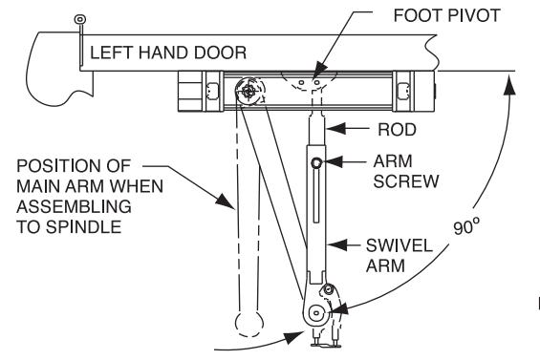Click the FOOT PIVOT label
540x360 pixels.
pyautogui.click(x=446, y=15)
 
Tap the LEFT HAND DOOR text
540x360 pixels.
pyautogui.click(x=168, y=53)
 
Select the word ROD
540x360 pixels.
pyautogui.click(x=397, y=130)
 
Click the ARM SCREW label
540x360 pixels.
pyautogui.click(x=405, y=171)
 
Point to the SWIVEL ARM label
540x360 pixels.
pyautogui.click(x=400, y=256)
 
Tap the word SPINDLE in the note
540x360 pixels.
pyautogui.click(x=84, y=227)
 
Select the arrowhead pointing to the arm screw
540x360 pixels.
pyautogui.click(x=333, y=161)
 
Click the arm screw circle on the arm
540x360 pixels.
pyautogui.click(x=316, y=162)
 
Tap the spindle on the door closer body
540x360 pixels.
pyautogui.click(x=249, y=91)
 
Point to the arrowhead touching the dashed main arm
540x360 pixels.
pyautogui.click(x=226, y=201)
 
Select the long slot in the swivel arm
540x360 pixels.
pyautogui.click(x=316, y=196)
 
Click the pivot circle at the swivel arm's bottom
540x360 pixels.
pyautogui.click(x=315, y=313)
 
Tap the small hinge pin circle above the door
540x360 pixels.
pyautogui.click(x=80, y=19)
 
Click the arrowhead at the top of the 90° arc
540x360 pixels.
pyautogui.click(x=509, y=85)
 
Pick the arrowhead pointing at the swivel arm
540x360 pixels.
pyautogui.click(x=336, y=245)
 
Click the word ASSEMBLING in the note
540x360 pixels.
pyautogui.click(x=74, y=206)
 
